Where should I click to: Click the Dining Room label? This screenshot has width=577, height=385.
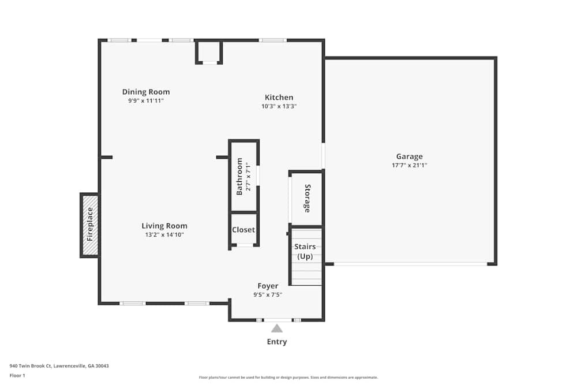pyautogui.click(x=146, y=92)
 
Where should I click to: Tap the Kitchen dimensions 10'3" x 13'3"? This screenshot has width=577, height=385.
pyautogui.click(x=279, y=106)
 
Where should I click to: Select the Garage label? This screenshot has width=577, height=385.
pyautogui.click(x=409, y=156)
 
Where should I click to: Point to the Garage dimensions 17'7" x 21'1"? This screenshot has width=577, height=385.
pyautogui.click(x=409, y=165)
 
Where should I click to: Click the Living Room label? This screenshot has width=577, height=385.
pyautogui.click(x=164, y=226)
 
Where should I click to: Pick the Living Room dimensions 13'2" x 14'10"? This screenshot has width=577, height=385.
pyautogui.click(x=164, y=234)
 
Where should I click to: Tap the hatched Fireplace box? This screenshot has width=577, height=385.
pyautogui.click(x=90, y=225)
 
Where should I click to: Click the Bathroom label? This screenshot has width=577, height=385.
pyautogui.click(x=239, y=176)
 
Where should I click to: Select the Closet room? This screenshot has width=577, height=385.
pyautogui.click(x=243, y=229)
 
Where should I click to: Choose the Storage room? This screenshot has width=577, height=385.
pyautogui.click(x=306, y=199)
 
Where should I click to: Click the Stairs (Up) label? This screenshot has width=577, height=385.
pyautogui.click(x=305, y=252)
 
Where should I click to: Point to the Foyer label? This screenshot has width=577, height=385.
pyautogui.click(x=268, y=286)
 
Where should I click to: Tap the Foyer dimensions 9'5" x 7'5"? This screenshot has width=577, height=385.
pyautogui.click(x=268, y=294)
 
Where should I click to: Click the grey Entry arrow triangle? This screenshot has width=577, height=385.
pyautogui.click(x=277, y=328)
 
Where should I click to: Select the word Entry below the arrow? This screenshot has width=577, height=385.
pyautogui.click(x=277, y=342)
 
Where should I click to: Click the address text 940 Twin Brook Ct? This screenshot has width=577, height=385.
pyautogui.click(x=31, y=366)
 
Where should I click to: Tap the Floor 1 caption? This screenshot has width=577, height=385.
pyautogui.click(x=17, y=375)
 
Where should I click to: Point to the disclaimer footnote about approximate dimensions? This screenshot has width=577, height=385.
pyautogui.click(x=288, y=377)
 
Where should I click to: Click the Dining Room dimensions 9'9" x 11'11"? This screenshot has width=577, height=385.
pyautogui.click(x=146, y=100)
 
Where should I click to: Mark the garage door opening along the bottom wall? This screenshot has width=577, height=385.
pyautogui.click(x=411, y=264)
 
